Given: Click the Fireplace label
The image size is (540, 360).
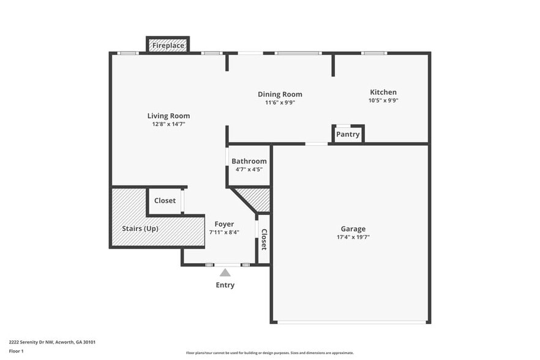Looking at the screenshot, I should [168, 46].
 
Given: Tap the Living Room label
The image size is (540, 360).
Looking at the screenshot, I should [168, 116].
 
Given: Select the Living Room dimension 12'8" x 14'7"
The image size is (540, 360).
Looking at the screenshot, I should [168, 124].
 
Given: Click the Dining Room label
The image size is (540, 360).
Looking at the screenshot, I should [280, 94].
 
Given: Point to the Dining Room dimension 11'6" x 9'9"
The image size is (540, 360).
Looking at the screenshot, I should [280, 102].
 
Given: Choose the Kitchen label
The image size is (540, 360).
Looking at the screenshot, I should [383, 92].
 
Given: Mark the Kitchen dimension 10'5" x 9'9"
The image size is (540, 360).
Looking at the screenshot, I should [383, 100].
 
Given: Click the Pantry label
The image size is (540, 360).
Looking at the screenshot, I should [348, 135].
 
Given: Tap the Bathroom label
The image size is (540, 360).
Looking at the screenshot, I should [249, 161].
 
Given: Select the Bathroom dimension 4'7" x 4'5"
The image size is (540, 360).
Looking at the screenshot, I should [249, 169].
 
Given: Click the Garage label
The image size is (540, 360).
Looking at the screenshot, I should [353, 229].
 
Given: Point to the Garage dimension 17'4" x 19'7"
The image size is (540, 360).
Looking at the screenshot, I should [353, 237].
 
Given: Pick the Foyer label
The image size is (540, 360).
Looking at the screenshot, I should [224, 224].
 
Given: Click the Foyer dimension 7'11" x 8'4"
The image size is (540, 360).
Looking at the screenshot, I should [224, 232].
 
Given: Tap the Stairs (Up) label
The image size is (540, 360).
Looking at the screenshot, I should [141, 228].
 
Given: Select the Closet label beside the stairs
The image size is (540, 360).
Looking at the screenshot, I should [165, 200].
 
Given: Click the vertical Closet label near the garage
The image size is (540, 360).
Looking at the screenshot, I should [264, 239].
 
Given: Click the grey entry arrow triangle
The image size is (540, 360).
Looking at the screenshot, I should [225, 273].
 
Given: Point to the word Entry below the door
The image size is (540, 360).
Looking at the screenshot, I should [225, 285].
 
